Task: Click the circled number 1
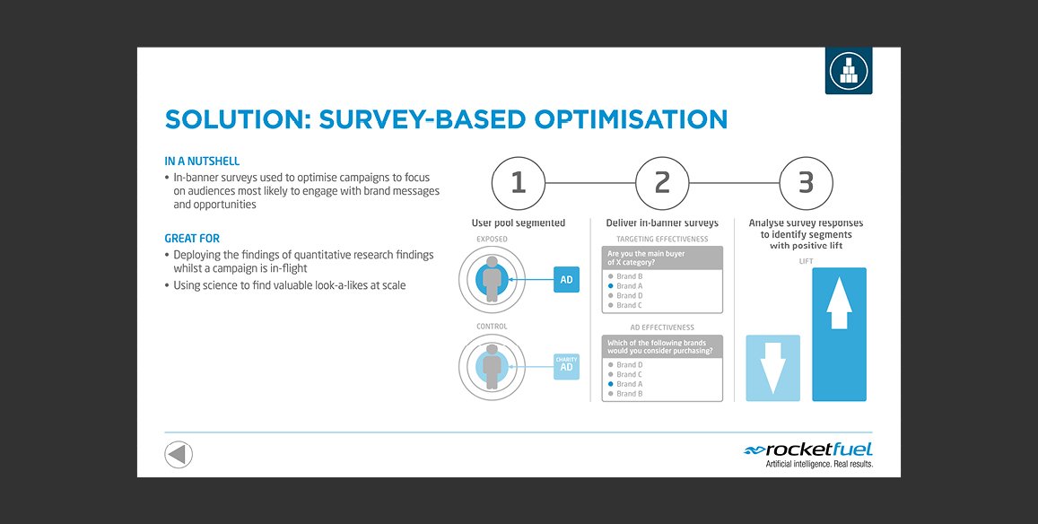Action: pyautogui.click(x=519, y=183)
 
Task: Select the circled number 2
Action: pyautogui.click(x=662, y=183)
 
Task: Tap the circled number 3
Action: pyautogui.click(x=806, y=183)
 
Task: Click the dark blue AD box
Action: pyautogui.click(x=566, y=280)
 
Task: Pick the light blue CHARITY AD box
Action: pyautogui.click(x=566, y=366)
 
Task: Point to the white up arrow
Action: pyautogui.click(x=839, y=302)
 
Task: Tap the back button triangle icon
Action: pyautogui.click(x=178, y=454)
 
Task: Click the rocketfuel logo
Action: pyautogui.click(x=808, y=454)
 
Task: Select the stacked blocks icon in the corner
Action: pyautogui.click(x=848, y=70)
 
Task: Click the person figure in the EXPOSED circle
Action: pyautogui.click(x=492, y=280)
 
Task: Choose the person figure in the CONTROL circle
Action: pyautogui.click(x=492, y=366)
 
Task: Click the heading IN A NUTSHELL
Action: pyautogui.click(x=202, y=161)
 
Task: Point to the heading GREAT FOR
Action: pyautogui.click(x=192, y=239)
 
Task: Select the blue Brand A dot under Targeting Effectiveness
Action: pyautogui.click(x=610, y=286)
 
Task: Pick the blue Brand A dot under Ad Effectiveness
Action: pyautogui.click(x=610, y=384)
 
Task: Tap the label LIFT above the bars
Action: pyautogui.click(x=806, y=262)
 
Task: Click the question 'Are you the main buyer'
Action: pyautogui.click(x=645, y=254)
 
